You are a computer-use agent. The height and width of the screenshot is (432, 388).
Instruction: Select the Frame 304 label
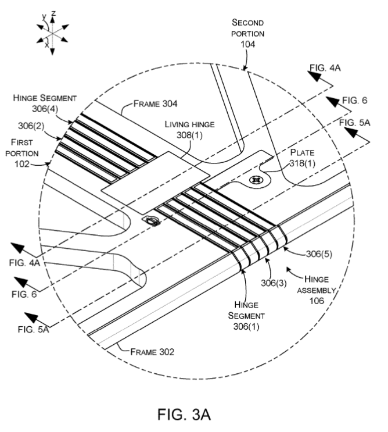pos(155,104)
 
